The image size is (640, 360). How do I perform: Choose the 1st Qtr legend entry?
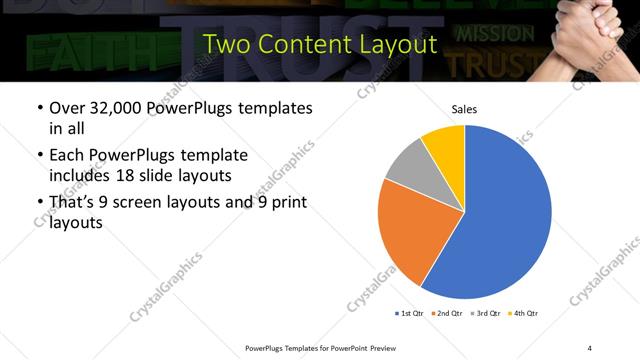click(x=410, y=314)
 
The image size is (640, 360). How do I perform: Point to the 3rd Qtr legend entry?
click(x=487, y=314)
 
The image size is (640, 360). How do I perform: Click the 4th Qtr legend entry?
click(x=525, y=314)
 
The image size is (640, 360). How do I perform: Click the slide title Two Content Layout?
click(x=319, y=44)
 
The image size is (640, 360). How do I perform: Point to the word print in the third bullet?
click(x=284, y=203)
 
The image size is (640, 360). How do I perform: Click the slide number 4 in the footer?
click(x=590, y=347)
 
